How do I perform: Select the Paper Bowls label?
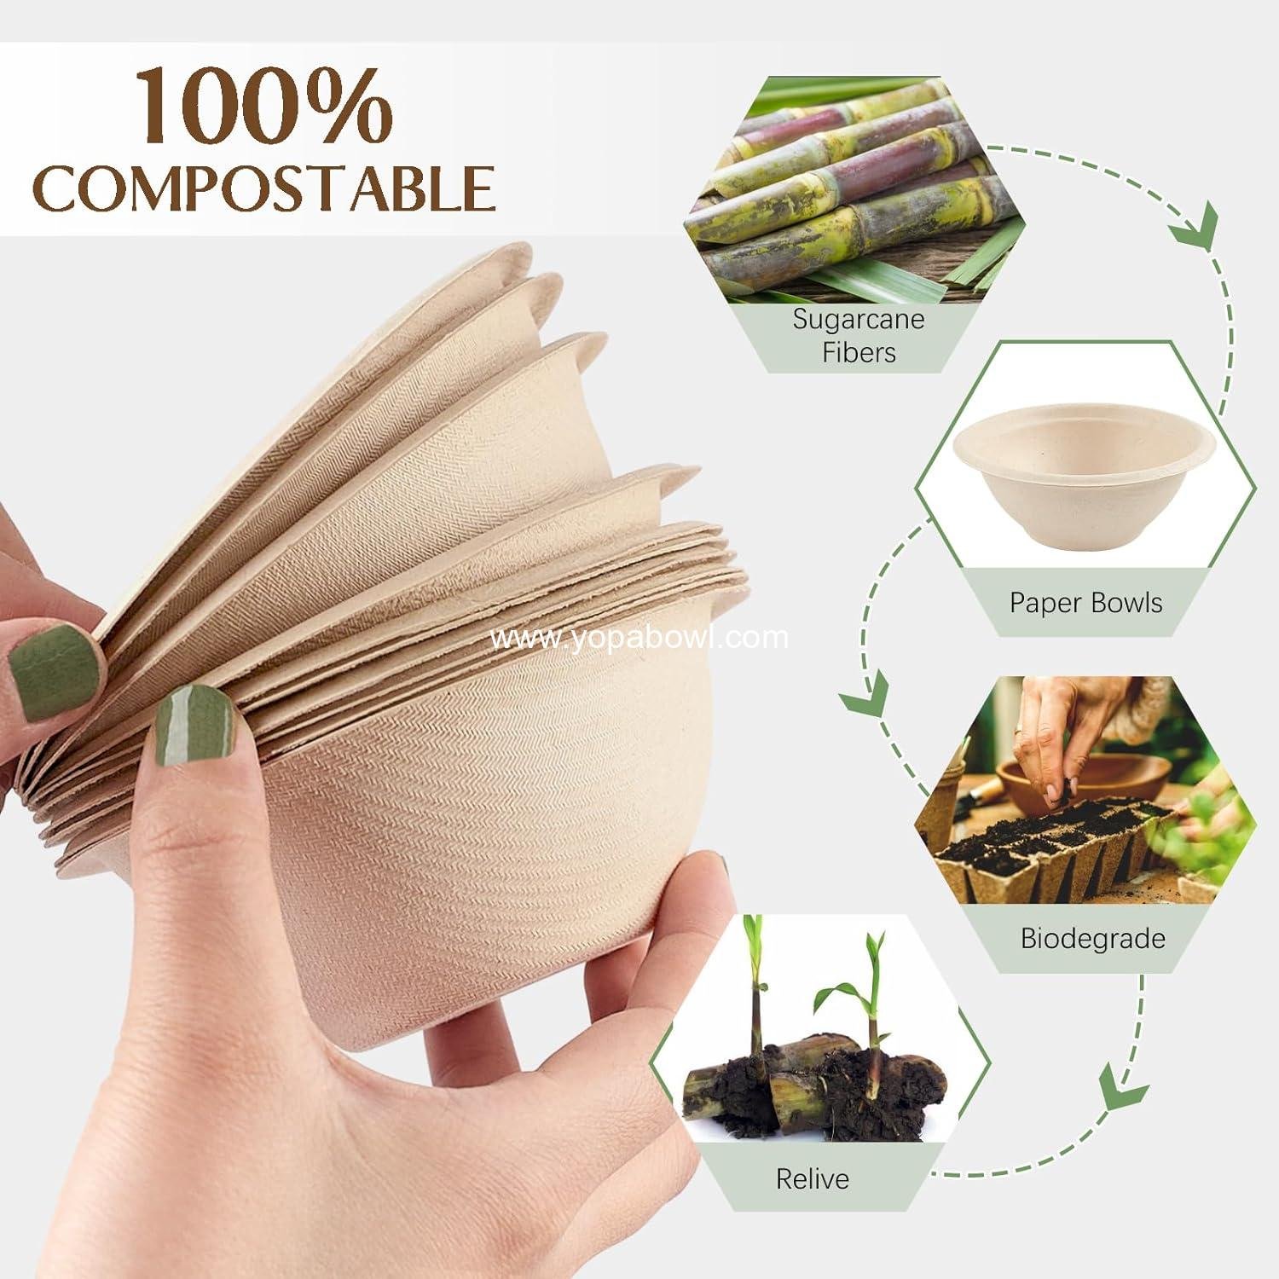point(1085,603)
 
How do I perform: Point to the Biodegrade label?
point(1092,939)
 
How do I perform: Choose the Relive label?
point(812,1179)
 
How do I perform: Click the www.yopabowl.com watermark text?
point(640,638)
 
